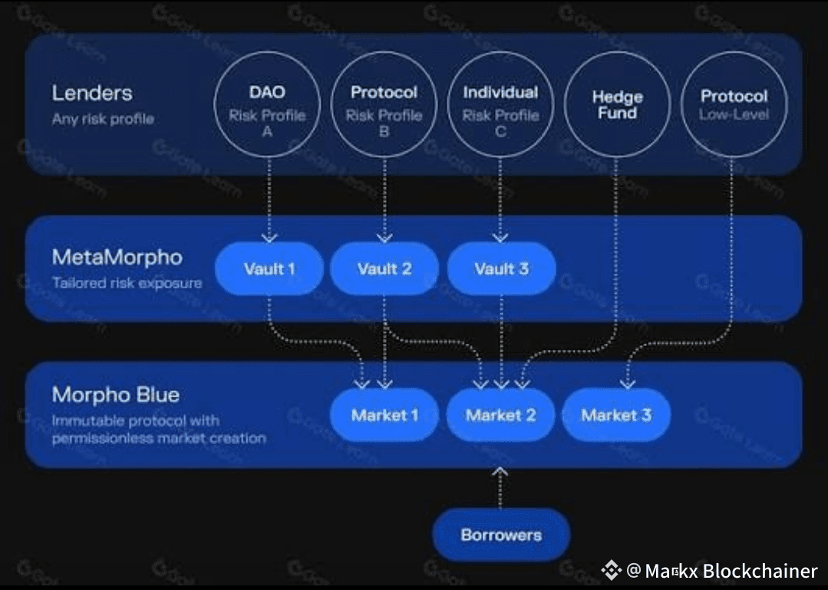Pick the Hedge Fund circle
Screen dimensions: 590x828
coord(617,104)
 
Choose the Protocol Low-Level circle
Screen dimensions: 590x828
coord(734,104)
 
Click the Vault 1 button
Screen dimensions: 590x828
coord(269,269)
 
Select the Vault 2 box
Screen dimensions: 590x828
coord(384,269)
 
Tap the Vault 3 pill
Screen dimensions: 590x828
coord(501,269)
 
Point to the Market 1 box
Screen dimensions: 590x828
coord(384,415)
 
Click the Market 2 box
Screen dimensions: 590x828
coord(500,415)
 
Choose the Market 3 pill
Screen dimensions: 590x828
coord(616,415)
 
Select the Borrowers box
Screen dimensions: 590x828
coord(501,535)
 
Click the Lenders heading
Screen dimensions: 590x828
coord(92,94)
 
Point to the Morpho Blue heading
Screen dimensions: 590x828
coord(115,395)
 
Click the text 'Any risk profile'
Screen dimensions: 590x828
coord(103,119)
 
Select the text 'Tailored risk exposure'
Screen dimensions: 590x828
coord(127,282)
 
